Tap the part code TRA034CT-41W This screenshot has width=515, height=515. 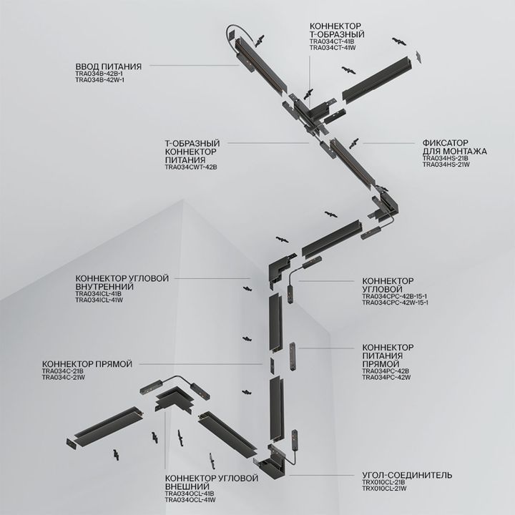pyautogui.click(x=333, y=48)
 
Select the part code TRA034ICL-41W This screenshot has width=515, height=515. pyautogui.click(x=99, y=300)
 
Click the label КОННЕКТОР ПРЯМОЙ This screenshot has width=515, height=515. pyautogui.click(x=87, y=364)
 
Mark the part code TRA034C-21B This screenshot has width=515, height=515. pyautogui.click(x=63, y=371)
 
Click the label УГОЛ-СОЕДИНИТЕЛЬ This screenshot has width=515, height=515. pyautogui.click(x=406, y=475)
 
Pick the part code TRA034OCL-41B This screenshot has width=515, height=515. pyautogui.click(x=189, y=494)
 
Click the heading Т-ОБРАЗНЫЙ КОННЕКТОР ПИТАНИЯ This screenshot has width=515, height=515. pyautogui.click(x=192, y=152)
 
